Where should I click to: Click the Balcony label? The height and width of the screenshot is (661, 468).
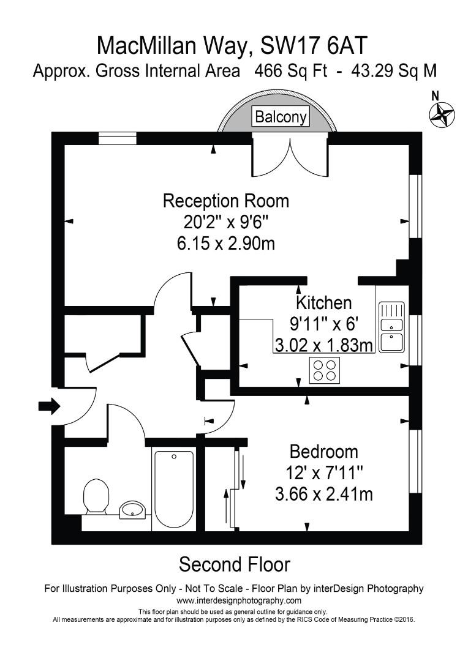(281, 117)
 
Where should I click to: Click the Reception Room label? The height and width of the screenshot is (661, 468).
(225, 201)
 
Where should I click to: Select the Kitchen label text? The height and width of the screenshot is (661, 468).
(323, 302)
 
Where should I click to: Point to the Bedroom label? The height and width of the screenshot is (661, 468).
(323, 452)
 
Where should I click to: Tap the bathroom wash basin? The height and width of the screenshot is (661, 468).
(132, 509)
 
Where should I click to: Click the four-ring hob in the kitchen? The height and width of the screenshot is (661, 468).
(324, 370)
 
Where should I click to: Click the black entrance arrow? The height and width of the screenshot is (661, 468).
(48, 405)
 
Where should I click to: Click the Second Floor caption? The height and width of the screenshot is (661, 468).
(234, 563)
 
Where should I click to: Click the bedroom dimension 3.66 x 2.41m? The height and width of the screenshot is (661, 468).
(323, 494)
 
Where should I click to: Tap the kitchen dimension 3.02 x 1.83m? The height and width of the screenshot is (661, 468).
(323, 345)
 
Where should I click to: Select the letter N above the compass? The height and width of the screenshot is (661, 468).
(436, 95)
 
